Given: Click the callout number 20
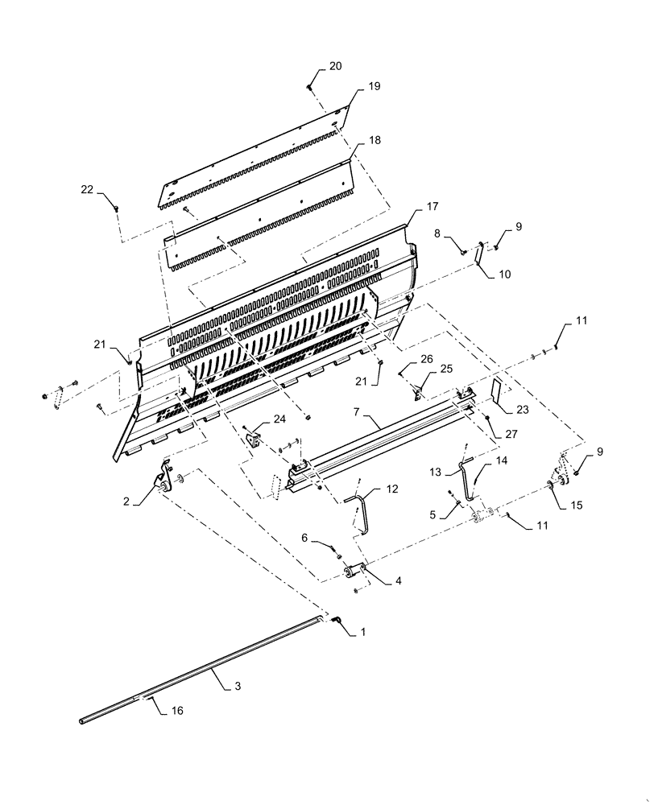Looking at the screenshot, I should point(334,66).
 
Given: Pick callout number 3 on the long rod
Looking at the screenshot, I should point(237,686).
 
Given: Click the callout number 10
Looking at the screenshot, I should point(504,275).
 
